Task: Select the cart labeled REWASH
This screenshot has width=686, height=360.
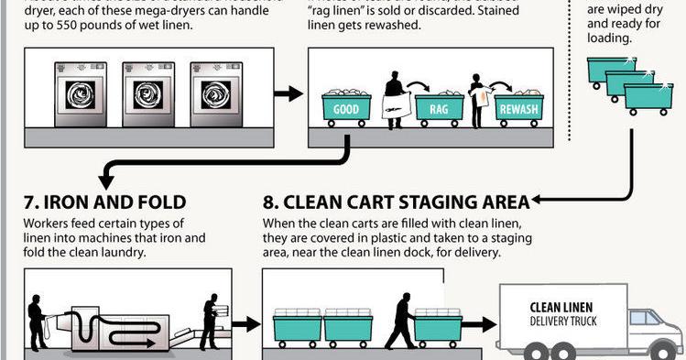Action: (x=518, y=109)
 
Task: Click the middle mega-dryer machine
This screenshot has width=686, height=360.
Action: (x=148, y=93)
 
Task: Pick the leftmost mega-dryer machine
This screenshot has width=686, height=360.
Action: (x=81, y=93)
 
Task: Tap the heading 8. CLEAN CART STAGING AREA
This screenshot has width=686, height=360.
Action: (x=396, y=202)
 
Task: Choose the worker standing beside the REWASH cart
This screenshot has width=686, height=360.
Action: (x=477, y=99)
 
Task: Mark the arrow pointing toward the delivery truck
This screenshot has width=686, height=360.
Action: (x=480, y=325)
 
